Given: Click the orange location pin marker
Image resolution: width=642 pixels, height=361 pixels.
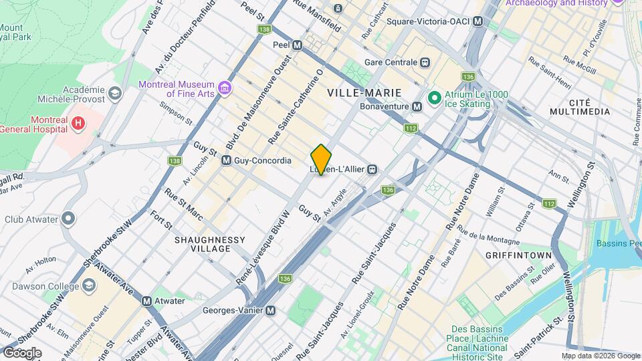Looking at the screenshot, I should pos(321,159).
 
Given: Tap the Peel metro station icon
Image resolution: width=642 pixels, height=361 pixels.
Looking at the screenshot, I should pos(298,45).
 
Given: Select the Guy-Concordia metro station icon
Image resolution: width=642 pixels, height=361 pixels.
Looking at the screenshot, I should pos(226,160).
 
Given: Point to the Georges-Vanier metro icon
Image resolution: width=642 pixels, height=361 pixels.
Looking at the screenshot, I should pos(270,311).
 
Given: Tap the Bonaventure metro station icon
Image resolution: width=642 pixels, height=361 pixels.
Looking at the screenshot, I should pos(417,106).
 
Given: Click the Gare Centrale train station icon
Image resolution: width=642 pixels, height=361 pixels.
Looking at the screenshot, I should pos(424,62).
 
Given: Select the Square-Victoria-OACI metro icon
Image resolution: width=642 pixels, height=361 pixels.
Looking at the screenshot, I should pos(477,21).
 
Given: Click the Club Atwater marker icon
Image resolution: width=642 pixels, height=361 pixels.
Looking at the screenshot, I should pos(68,219).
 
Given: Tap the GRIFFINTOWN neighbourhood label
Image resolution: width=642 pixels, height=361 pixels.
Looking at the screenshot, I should pos(518,255).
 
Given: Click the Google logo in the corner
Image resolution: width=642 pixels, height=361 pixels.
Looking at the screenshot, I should pos(22,352).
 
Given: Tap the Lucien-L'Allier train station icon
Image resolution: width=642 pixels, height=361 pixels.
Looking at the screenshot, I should pos(372,169).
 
